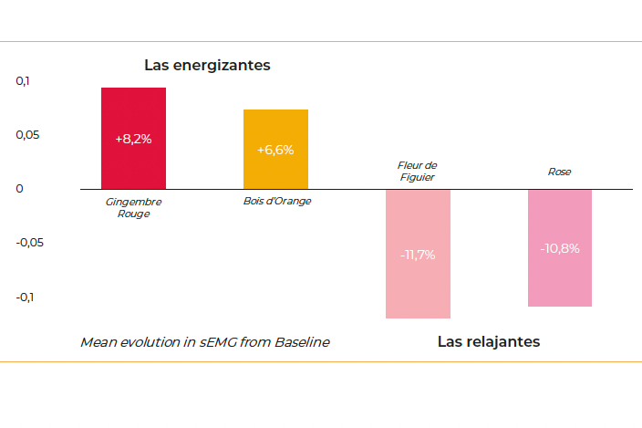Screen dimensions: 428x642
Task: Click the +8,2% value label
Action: [x=133, y=139]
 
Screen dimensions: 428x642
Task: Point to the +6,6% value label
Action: [x=275, y=150]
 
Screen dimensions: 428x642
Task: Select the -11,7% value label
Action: [x=418, y=255]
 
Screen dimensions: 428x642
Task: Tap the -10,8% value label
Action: [x=559, y=248]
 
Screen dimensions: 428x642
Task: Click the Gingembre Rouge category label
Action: [x=133, y=207]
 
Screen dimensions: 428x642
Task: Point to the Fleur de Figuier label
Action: [x=418, y=171]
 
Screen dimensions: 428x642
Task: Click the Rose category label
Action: [x=559, y=172]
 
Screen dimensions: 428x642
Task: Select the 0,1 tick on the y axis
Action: [x=23, y=81]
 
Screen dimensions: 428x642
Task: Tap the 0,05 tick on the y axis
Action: [x=28, y=135]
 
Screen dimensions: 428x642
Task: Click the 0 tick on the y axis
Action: [x=20, y=189]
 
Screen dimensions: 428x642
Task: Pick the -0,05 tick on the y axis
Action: [x=31, y=243]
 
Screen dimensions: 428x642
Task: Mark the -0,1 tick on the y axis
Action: [x=26, y=297]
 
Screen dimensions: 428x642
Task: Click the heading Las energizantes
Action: [x=207, y=66]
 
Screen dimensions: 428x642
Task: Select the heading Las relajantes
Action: [x=488, y=342]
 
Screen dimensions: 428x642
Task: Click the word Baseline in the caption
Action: [x=300, y=342]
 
